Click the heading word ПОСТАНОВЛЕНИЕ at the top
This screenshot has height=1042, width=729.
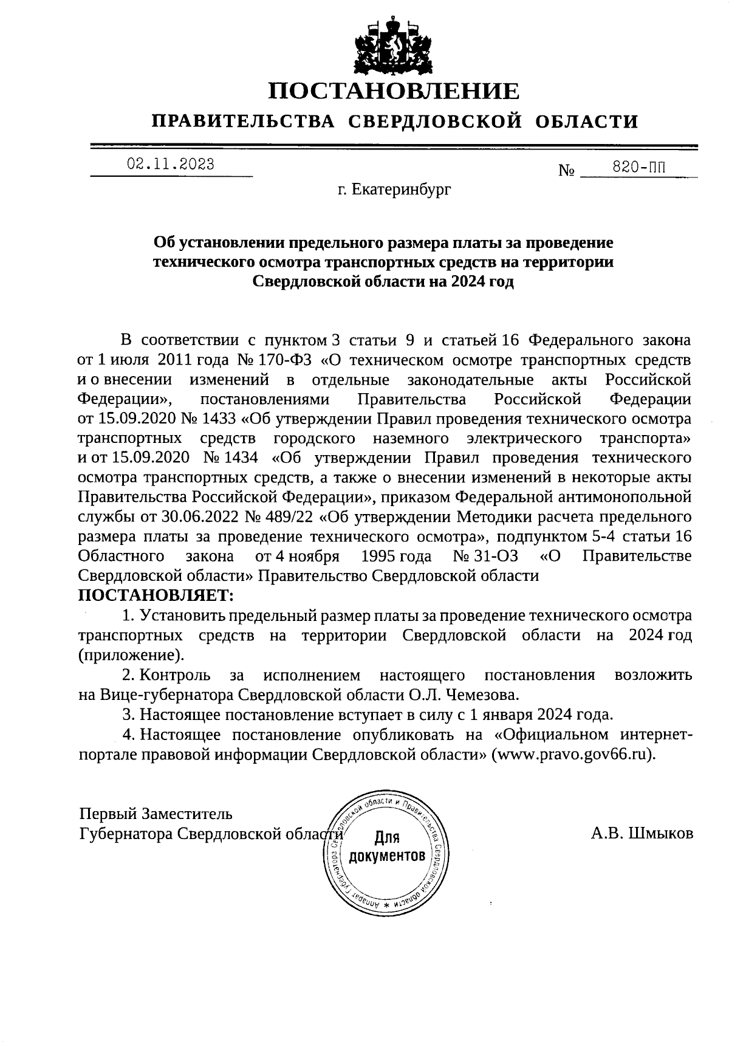point(395,92)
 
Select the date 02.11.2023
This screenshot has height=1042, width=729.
point(171,164)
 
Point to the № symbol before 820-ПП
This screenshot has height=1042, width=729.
point(566,171)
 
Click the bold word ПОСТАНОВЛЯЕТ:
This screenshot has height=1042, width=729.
point(156,594)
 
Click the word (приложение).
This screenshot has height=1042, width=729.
point(131,655)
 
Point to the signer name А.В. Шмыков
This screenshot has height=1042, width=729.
point(642,833)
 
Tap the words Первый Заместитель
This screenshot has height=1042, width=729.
point(156,813)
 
